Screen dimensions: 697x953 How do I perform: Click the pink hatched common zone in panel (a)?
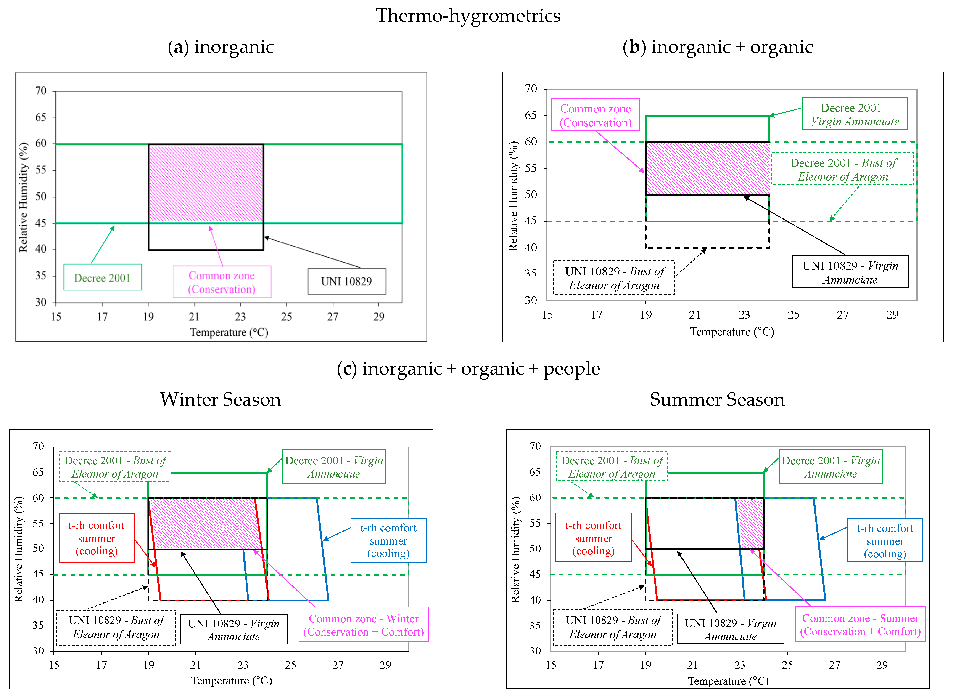(x=206, y=184)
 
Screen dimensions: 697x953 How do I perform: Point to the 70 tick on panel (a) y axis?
(x=41, y=91)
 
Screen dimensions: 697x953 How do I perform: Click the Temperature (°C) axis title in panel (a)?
(x=229, y=333)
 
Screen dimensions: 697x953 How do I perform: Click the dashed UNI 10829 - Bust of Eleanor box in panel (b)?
(x=614, y=278)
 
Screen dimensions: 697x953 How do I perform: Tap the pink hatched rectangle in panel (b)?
(x=707, y=168)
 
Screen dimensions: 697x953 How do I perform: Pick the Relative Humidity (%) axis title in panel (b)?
(x=513, y=196)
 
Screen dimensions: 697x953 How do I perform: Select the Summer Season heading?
(x=717, y=399)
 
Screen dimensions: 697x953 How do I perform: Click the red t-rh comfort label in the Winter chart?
(x=97, y=538)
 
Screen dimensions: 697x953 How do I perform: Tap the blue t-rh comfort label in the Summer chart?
(x=885, y=540)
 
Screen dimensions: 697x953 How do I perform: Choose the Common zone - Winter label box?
(x=364, y=625)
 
